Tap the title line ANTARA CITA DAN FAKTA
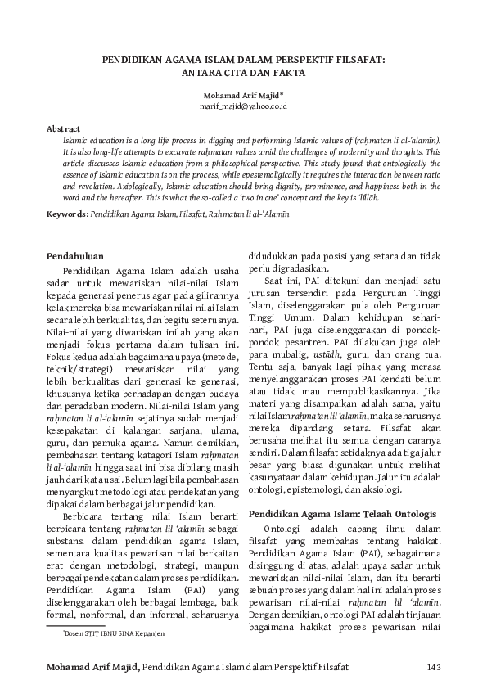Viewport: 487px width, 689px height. point(243,72)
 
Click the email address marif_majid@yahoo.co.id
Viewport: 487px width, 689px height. point(243,106)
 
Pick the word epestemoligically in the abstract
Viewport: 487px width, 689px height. point(291,175)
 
